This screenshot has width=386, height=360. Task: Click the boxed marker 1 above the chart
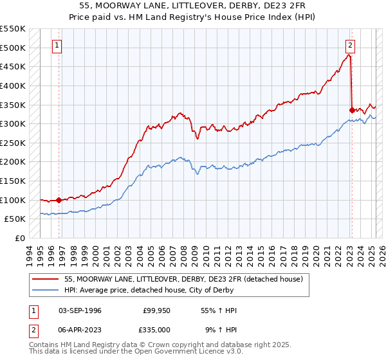58,45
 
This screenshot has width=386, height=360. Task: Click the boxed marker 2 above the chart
350,45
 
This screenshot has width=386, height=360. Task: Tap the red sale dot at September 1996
59,200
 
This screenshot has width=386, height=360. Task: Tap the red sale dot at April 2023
352,110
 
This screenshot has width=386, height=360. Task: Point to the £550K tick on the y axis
13,29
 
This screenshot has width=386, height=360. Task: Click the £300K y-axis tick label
13,123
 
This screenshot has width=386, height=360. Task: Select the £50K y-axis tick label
15,219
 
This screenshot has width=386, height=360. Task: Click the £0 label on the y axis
20,238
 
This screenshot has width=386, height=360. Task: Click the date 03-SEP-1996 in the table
80,310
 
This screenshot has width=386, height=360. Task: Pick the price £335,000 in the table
157,329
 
